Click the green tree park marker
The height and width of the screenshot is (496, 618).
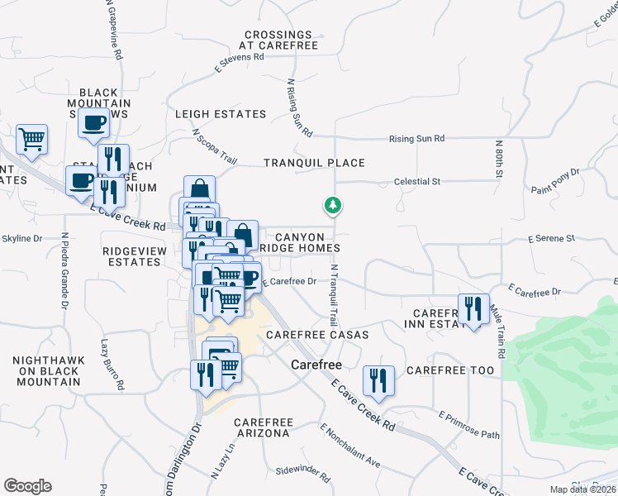point(334,204)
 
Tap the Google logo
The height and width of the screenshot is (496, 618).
point(27,486)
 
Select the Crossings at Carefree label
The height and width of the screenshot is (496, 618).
point(278,41)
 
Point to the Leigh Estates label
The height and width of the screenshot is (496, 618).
point(221,114)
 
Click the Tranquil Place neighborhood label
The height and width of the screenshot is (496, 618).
point(314,163)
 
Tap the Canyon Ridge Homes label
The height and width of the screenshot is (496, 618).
point(300,242)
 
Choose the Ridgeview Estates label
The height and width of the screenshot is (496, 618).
point(131,255)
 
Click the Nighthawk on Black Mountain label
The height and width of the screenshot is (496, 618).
point(46,371)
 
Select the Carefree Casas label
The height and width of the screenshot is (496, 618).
point(317,335)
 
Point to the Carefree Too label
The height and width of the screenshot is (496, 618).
point(450,370)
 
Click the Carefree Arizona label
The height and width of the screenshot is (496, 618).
point(261,427)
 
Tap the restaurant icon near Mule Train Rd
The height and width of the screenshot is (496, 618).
point(473,309)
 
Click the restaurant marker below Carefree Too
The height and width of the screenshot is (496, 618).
point(378,379)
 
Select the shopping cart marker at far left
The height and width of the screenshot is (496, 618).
point(31,139)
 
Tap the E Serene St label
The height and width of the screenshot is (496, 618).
point(550,238)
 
